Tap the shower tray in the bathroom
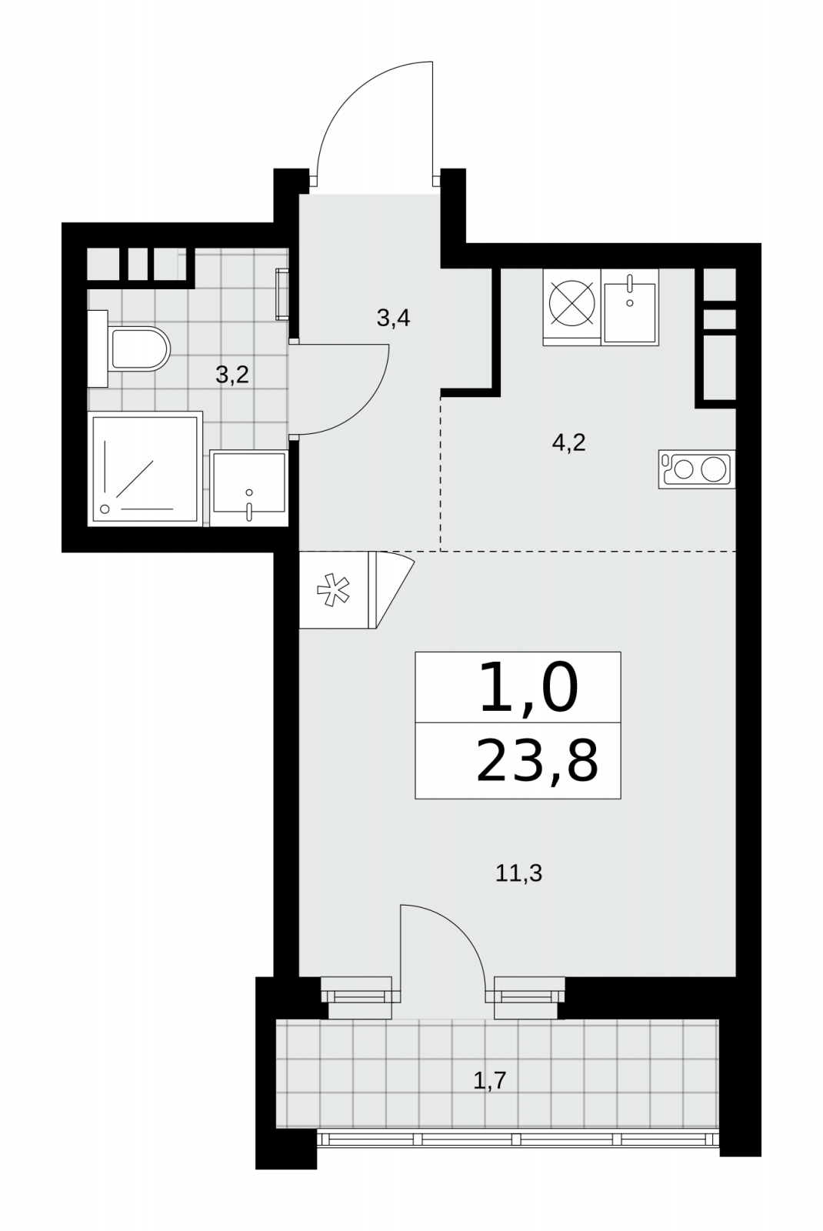[x=145, y=469]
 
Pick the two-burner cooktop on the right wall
[x=697, y=469]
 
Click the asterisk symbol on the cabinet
[x=333, y=591]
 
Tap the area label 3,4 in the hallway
[x=393, y=318]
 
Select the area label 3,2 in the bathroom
[x=232, y=375]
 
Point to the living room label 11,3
[x=518, y=873]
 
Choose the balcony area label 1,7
[x=490, y=1081]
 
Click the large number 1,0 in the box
[x=528, y=687]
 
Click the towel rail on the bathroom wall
[x=282, y=294]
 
